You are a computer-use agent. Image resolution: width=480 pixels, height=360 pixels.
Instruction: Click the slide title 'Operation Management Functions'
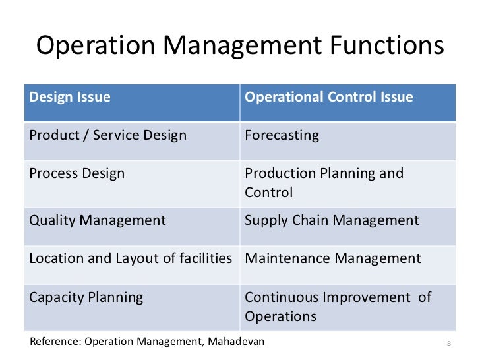[x=239, y=47]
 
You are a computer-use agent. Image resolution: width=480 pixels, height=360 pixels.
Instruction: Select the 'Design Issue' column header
[x=70, y=98]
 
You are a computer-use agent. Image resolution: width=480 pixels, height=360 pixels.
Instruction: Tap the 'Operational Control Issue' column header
[x=328, y=98]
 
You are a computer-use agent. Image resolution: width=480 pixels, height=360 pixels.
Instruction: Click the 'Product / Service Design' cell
[x=107, y=136]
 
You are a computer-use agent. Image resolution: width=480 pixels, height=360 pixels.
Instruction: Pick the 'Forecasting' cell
[x=282, y=136]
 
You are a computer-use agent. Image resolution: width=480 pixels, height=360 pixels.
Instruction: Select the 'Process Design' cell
[x=76, y=174]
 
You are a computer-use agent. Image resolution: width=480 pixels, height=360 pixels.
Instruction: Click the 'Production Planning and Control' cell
[x=324, y=183]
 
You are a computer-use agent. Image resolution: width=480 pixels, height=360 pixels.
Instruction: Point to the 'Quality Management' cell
[x=98, y=220]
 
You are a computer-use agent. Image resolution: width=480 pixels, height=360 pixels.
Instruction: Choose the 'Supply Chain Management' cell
[x=332, y=220]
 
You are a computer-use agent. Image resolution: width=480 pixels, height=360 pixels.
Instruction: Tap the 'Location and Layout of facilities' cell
[x=131, y=258]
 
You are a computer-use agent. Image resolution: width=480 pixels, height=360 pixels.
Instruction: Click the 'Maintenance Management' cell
[x=332, y=258]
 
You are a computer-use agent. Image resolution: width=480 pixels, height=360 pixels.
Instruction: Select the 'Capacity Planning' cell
[x=86, y=297]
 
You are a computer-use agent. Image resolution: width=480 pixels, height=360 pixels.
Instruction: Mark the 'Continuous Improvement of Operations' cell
[x=338, y=307]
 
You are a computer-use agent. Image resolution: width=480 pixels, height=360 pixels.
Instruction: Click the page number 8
[x=448, y=344]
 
